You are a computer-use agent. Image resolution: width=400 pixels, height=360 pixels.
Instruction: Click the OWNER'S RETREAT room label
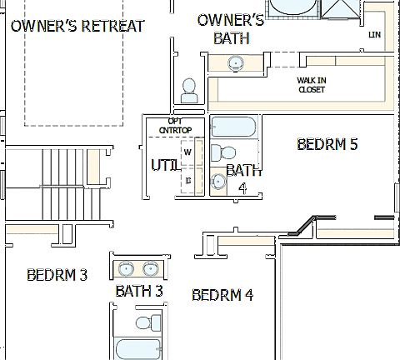77,26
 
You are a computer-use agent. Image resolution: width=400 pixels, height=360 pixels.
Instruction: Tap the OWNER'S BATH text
230,28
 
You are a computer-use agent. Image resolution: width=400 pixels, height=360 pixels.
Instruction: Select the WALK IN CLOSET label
311,84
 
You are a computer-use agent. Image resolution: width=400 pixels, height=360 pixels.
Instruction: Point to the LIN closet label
374,35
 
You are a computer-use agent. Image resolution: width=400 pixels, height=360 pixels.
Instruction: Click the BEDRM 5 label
327,144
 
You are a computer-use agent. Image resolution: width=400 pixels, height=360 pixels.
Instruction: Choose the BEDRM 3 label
57,274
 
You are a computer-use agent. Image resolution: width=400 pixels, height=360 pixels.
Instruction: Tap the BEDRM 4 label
222,294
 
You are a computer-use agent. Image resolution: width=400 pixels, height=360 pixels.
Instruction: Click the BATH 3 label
138,291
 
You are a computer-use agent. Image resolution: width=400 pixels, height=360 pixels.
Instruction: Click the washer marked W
188,152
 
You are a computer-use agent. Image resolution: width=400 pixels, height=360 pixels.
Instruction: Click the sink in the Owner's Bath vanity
236,62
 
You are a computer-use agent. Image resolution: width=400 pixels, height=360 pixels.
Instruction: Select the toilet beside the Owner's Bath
190,89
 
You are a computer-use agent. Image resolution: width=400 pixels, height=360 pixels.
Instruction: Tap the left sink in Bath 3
127,268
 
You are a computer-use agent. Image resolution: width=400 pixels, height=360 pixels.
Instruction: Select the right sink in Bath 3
151,268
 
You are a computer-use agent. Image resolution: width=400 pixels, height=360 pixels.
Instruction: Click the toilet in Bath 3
147,322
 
